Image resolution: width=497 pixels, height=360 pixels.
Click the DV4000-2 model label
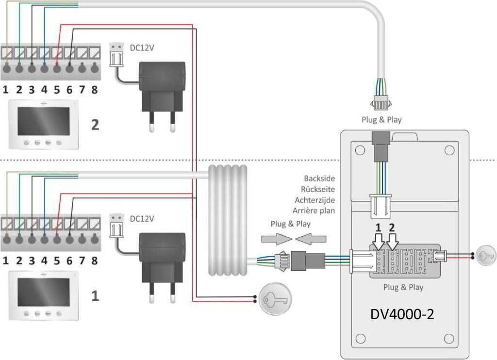coord(402,314)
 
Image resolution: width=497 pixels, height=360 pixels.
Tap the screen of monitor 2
coord(43,121)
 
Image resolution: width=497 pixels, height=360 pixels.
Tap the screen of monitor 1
coord(43,292)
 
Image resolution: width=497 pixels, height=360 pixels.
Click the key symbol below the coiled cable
coord(275,299)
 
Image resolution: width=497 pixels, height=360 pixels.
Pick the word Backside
coord(319,179)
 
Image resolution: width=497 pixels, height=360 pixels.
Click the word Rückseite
coord(317,189)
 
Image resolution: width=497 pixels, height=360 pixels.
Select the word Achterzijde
coord(315,200)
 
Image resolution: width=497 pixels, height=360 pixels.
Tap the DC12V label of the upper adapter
coord(142,48)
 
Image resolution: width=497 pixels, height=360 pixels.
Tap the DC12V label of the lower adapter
coord(142,219)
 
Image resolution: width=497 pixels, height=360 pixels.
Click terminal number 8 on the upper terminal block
coord(95,90)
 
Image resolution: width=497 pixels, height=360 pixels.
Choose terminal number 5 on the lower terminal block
coord(57,261)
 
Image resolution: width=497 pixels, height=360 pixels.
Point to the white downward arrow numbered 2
coord(393,243)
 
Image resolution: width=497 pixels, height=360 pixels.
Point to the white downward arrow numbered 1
coord(378,243)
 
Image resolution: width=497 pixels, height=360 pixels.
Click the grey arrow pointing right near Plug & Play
coord(276,239)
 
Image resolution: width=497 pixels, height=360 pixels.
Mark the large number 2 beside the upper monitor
coord(95,125)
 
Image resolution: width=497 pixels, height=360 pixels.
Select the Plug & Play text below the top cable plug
coord(381,120)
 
